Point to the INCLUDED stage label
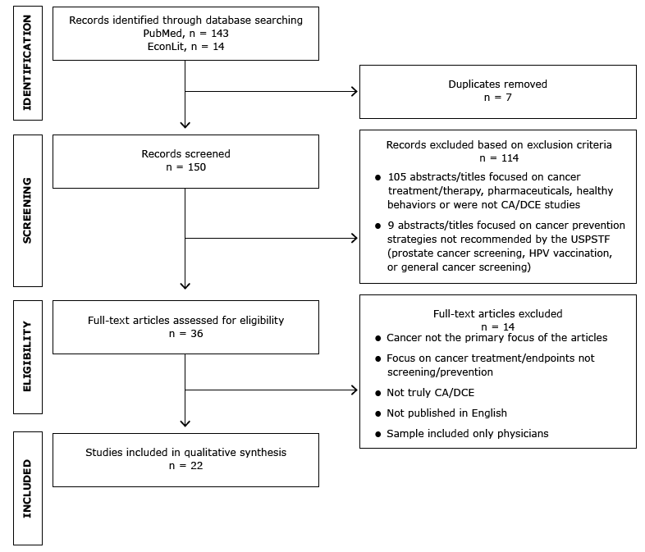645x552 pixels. tap(27, 488)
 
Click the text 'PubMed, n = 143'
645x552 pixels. tap(185, 33)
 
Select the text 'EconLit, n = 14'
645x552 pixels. tap(185, 47)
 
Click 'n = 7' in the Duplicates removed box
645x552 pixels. tap(497, 98)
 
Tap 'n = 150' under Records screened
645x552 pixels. tap(185, 167)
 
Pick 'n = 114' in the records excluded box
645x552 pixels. tap(497, 158)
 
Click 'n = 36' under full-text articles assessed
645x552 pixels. tap(185, 334)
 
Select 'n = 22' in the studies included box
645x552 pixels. tap(185, 466)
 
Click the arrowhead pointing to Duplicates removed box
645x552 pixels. tap(355, 91)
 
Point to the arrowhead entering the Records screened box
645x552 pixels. tap(185, 125)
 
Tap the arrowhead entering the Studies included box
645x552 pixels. tap(185, 423)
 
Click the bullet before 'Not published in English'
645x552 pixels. tap(377, 413)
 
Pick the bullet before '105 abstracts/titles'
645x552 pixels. tap(377, 177)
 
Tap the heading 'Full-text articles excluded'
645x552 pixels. tap(497, 313)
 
